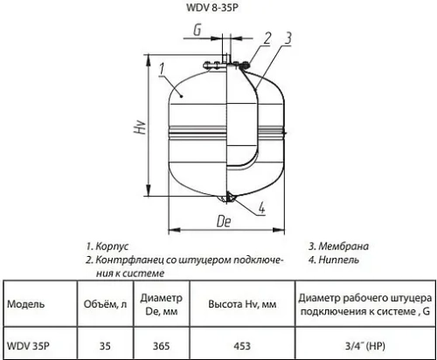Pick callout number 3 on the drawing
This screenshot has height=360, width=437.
(288, 37)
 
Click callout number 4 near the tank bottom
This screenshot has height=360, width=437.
(263, 207)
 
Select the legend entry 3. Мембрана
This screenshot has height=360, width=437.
(336, 246)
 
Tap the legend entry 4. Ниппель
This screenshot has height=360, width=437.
(334, 260)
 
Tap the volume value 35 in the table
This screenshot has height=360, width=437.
(104, 344)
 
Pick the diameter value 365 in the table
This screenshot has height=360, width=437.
(161, 344)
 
